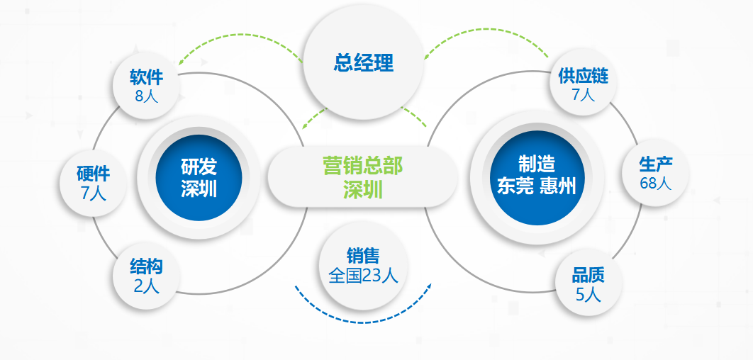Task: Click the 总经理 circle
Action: click(x=363, y=64)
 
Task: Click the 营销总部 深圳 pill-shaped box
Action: click(x=362, y=178)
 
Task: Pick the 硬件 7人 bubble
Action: click(x=93, y=182)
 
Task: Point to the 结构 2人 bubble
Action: click(x=147, y=276)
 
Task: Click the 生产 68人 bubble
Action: click(x=655, y=173)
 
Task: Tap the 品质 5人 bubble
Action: click(x=588, y=283)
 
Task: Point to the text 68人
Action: click(x=655, y=183)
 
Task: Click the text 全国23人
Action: click(x=363, y=276)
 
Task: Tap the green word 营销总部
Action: click(x=362, y=167)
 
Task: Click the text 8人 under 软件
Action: click(x=147, y=95)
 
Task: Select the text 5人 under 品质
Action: click(x=588, y=294)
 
